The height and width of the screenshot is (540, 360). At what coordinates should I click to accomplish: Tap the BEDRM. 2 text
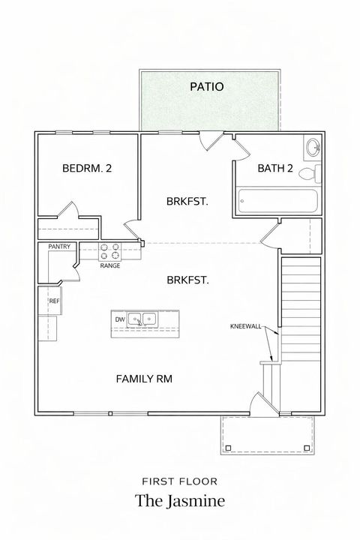[87, 169]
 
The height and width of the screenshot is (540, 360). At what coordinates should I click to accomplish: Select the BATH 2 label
[275, 169]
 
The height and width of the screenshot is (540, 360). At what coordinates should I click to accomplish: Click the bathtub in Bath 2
[278, 201]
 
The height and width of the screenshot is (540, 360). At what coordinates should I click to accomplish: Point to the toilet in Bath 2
[309, 174]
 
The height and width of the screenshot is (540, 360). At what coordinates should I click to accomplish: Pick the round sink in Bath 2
[313, 148]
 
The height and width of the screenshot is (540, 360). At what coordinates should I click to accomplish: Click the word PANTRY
[59, 246]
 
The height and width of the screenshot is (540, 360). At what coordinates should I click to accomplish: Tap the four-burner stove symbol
[110, 249]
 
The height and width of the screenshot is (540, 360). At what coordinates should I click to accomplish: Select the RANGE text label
[109, 265]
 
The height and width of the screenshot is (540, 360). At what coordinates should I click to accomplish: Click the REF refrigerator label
[54, 301]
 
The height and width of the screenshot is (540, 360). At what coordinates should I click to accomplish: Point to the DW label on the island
[119, 319]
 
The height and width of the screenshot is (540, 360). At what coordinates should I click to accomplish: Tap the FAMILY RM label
[144, 379]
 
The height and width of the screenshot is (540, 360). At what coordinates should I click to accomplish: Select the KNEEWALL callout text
[246, 326]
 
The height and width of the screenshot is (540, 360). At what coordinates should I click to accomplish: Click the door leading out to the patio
[211, 142]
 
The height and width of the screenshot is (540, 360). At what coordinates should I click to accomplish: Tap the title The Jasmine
[179, 501]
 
